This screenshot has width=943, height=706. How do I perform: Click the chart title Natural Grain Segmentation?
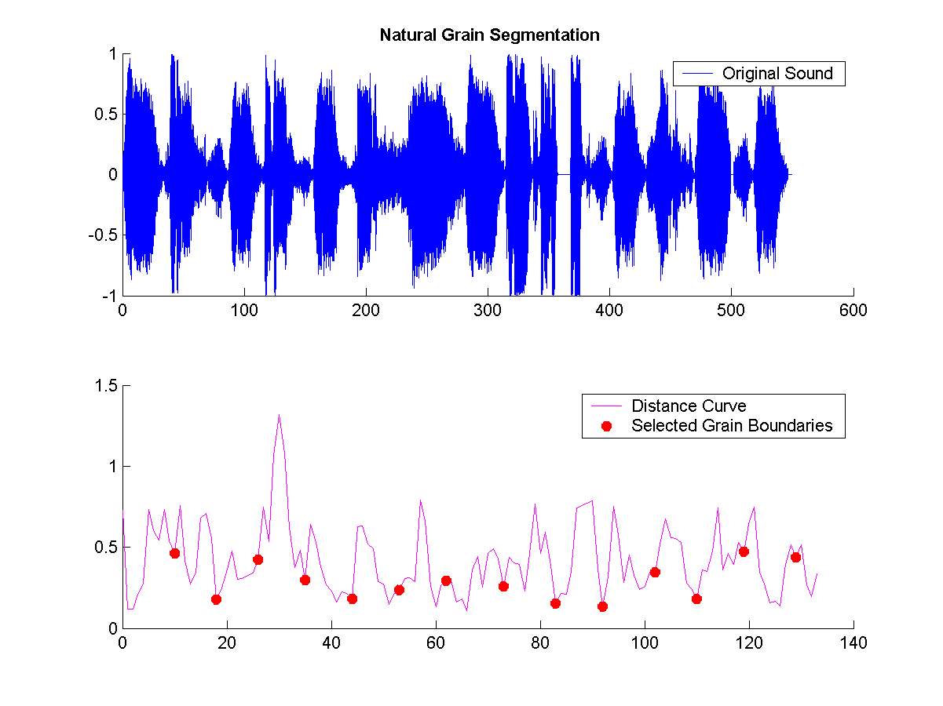[489, 35]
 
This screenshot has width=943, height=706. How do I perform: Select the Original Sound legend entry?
[777, 74]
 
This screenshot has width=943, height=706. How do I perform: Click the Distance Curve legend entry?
[689, 406]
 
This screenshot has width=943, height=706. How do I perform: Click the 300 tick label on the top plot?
[488, 311]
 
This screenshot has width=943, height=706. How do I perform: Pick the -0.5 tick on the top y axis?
[105, 235]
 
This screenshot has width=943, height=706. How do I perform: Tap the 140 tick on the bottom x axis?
[853, 643]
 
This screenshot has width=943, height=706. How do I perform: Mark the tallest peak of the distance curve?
[279, 415]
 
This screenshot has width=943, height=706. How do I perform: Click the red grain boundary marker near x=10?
[174, 553]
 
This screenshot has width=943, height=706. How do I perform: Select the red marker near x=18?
[216, 599]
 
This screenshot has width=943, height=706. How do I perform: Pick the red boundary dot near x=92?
[602, 606]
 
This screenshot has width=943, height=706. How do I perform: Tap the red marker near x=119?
[744, 551]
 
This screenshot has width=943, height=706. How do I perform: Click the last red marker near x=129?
[795, 557]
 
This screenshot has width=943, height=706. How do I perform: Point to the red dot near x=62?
[446, 580]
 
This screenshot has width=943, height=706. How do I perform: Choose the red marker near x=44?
[352, 599]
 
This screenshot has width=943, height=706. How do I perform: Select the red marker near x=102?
[655, 572]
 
